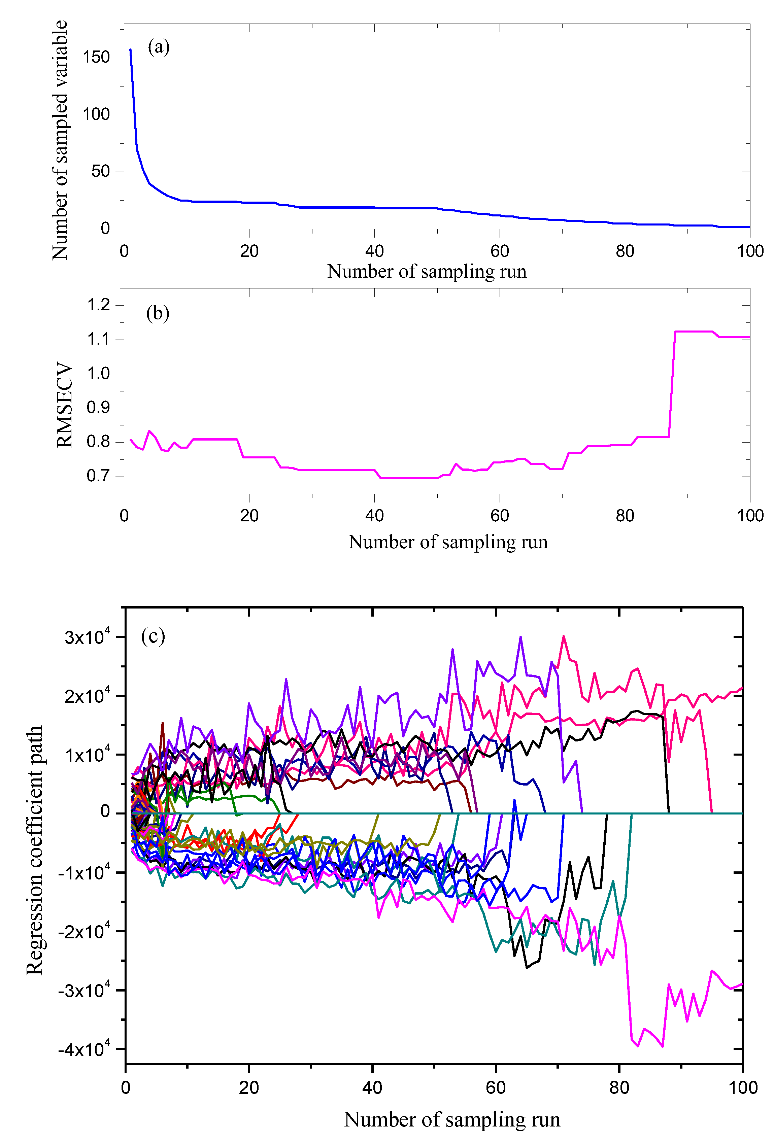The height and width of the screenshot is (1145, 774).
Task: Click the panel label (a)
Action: click(158, 47)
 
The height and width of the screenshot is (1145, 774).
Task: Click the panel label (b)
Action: click(158, 313)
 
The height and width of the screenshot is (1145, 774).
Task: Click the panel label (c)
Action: click(153, 636)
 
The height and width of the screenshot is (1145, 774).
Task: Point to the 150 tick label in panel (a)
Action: click(96, 58)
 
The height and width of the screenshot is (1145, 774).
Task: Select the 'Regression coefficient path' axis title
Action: click(34, 850)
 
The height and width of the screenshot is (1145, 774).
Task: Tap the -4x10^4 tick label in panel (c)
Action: click(84, 1049)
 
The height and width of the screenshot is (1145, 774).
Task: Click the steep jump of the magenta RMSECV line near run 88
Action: click(672, 384)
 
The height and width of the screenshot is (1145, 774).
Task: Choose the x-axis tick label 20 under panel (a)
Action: click(249, 251)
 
